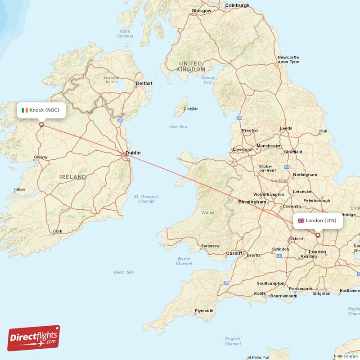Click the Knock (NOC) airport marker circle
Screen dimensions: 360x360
41,125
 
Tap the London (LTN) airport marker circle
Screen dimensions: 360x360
318,235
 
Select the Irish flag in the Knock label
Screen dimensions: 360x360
25,110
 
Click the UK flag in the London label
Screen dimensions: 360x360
301,220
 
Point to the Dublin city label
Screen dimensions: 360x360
133,153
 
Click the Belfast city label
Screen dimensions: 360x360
144,83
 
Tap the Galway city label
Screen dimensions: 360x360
40,157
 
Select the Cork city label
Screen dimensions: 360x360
58,231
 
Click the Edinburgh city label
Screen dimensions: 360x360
237,5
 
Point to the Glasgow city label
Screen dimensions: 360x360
201,10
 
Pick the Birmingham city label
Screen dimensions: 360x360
252,202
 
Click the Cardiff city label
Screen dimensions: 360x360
234,253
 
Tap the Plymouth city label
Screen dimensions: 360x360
204,311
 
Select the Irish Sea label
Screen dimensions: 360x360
178,127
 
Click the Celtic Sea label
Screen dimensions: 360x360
124,272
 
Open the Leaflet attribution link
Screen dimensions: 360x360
350,356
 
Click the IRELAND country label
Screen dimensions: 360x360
72,177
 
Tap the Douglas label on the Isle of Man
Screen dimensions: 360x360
190,108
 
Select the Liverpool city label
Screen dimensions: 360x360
243,149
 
